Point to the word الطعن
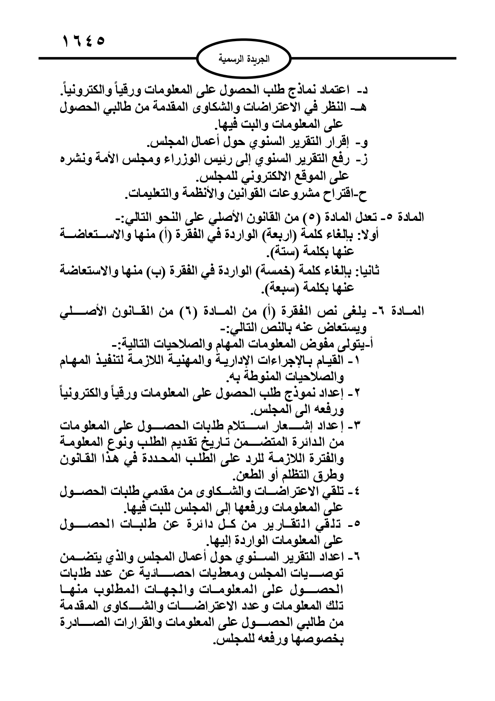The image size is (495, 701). [244, 475]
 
